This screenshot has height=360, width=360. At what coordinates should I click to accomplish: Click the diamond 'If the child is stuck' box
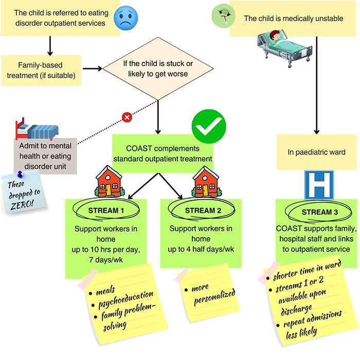158,68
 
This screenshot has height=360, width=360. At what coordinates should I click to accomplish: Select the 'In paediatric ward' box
316,152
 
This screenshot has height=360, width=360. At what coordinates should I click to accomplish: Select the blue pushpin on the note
21,174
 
